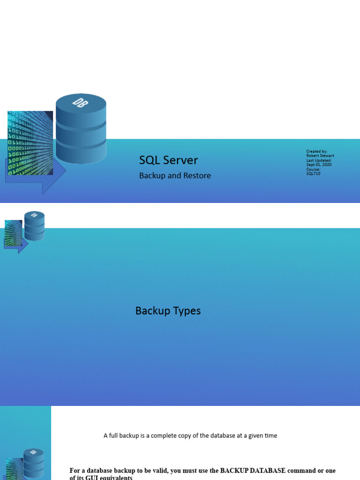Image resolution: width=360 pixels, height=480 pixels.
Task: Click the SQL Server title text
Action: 168,160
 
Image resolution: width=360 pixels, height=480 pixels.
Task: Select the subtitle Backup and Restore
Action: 175,176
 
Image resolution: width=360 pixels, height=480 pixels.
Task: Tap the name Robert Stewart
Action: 320,156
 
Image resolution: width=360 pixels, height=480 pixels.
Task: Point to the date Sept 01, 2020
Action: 319,165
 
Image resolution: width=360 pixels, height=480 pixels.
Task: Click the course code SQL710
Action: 313,173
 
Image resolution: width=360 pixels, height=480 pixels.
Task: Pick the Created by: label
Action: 316,151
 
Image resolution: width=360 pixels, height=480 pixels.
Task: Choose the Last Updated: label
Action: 319,160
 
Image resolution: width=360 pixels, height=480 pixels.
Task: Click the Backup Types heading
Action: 168,311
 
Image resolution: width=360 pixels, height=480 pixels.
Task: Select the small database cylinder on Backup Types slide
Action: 34,226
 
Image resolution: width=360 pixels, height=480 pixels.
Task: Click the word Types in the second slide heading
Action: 186,311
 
